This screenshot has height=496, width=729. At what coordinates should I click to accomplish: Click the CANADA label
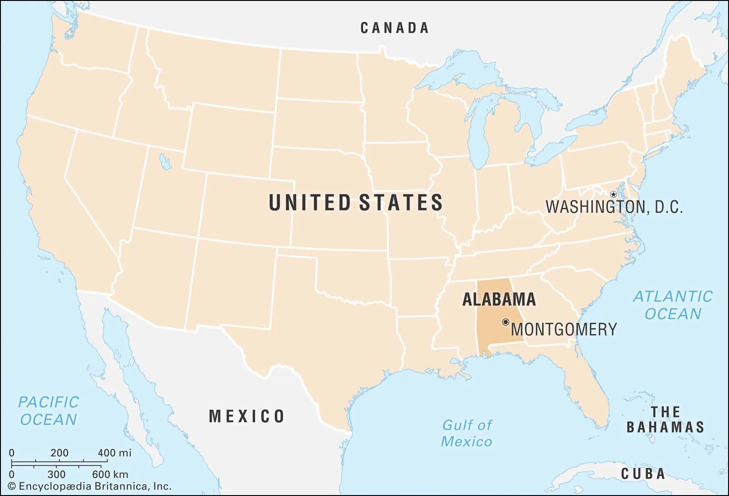(x=395, y=28)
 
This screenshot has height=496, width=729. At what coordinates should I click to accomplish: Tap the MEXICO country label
(x=246, y=416)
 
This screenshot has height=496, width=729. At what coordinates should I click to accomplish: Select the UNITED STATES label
(x=355, y=203)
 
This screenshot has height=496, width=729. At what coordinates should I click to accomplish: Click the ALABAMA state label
(x=499, y=300)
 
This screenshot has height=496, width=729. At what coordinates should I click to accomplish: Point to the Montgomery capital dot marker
(x=505, y=322)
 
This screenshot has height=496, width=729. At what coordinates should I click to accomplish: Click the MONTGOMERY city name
(x=564, y=329)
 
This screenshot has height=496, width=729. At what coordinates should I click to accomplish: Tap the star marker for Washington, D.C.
(x=613, y=195)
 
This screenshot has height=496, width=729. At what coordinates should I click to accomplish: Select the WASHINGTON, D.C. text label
(x=614, y=207)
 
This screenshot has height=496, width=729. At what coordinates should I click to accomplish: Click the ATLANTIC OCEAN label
(x=673, y=305)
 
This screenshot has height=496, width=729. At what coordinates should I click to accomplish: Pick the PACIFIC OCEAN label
(x=48, y=411)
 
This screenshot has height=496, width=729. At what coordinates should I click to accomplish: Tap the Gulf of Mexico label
(x=467, y=433)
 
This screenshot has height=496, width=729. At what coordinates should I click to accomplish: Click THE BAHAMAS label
(x=665, y=419)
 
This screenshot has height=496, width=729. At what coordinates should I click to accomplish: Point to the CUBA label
(x=643, y=474)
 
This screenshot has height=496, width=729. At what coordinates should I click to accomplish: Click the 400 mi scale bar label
(x=114, y=453)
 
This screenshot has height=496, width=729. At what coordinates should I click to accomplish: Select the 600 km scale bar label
(x=110, y=474)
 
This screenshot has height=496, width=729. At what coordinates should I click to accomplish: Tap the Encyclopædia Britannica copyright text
(x=90, y=486)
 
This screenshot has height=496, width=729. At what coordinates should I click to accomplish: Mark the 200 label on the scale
(x=59, y=453)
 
